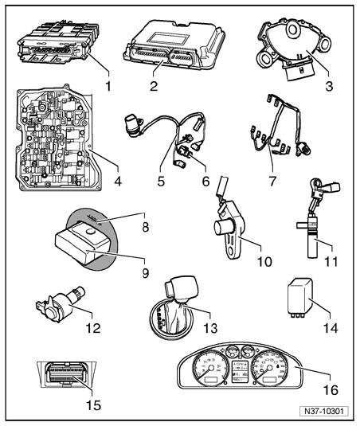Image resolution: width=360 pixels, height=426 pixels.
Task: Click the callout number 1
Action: point(108,86)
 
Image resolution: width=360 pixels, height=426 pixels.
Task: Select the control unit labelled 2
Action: point(174,45)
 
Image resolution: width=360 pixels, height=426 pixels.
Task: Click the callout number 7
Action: point(272,181)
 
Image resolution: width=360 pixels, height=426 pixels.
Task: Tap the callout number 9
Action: point(146,273)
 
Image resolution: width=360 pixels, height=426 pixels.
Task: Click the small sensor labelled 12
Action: point(61,303)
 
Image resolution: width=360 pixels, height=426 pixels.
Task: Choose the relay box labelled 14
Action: point(300,297)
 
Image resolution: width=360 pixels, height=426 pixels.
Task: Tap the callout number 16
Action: point(331,390)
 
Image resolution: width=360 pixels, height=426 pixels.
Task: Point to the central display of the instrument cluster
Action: point(239,371)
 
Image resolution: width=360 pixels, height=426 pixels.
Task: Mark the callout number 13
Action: point(210,328)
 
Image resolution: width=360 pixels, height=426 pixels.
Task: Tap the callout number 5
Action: point(161,181)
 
